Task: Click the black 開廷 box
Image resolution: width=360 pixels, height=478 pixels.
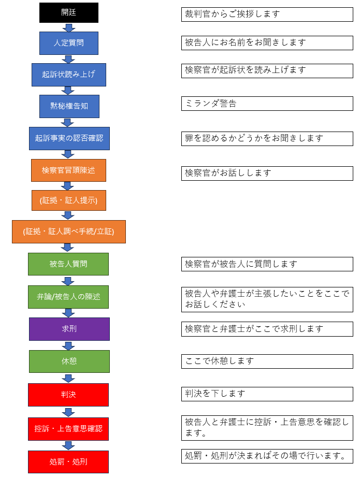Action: (68, 12)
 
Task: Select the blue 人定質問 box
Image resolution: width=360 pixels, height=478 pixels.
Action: (68, 43)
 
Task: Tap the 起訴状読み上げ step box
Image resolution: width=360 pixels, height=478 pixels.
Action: (68, 75)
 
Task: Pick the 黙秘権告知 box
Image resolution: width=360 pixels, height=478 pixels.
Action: (69, 106)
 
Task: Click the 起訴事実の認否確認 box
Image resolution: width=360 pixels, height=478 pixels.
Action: (69, 138)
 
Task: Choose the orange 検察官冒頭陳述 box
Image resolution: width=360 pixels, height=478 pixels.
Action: (68, 170)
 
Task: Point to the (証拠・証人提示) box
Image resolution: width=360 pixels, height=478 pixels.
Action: (68, 200)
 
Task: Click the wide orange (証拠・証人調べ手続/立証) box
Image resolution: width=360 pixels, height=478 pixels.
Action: (68, 231)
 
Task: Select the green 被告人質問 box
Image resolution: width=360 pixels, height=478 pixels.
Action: (68, 264)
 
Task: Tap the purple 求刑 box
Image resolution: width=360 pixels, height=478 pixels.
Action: (69, 329)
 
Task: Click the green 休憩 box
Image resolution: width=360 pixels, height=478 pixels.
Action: (69, 361)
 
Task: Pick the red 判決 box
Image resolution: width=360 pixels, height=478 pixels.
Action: (68, 395)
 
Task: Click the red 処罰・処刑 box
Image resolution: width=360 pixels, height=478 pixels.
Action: (68, 461)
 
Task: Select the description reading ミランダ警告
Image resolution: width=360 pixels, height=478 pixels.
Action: (267, 104)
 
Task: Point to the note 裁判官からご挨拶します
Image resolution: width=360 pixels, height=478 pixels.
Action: (267, 15)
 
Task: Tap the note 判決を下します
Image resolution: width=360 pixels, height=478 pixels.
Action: (267, 394)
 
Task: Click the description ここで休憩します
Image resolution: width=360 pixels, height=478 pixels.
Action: (267, 361)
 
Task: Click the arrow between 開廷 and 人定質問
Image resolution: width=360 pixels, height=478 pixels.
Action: (68, 27)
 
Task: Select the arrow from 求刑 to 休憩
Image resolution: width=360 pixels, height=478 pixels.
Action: (68, 345)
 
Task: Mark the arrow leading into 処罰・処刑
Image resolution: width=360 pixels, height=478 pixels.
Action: (68, 445)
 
